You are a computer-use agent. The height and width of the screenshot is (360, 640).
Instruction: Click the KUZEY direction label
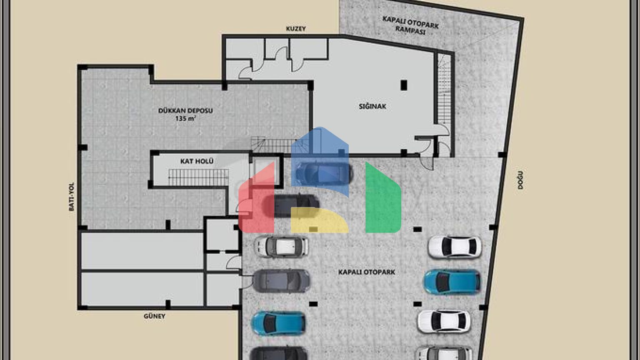coord(296,29)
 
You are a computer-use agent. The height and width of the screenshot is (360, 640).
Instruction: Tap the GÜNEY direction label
coord(154,316)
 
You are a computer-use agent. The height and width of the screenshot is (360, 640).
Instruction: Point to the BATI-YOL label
coord(71,197)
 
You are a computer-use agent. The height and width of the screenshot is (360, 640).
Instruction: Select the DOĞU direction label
coord(520,180)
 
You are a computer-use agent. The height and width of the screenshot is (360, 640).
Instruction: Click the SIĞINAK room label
coord(372,106)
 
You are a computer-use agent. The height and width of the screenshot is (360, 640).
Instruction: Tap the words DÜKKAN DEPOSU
coord(185,110)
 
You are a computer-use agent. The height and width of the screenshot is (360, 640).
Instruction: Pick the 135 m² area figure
coord(185,118)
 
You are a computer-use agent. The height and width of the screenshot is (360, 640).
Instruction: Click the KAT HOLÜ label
coord(197,161)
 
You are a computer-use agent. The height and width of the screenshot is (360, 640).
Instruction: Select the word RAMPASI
coord(410,30)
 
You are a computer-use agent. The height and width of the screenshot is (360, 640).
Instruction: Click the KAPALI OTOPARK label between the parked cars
coord(367,272)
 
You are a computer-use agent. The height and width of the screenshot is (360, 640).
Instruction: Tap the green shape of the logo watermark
coord(383,197)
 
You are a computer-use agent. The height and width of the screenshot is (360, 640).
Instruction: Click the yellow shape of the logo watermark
coord(320,220)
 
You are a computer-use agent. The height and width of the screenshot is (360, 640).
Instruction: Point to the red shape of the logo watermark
coord(256,197)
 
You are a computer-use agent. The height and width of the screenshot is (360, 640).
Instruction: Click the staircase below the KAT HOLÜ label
coord(199,177)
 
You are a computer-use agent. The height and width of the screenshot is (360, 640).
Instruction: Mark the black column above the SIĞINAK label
coord(404,85)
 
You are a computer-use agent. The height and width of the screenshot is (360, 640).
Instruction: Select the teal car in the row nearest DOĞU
coord(452,282)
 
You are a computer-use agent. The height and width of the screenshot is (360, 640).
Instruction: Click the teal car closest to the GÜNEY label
coord(278,323)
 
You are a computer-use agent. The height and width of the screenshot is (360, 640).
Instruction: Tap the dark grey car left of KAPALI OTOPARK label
coord(281,281)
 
